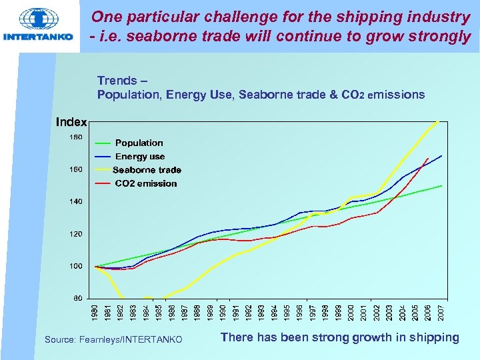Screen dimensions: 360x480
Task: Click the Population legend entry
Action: (x=139, y=143)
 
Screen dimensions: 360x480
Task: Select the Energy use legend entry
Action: (x=140, y=156)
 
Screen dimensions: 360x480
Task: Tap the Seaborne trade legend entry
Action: (x=147, y=170)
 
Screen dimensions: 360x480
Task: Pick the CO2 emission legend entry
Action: (x=146, y=183)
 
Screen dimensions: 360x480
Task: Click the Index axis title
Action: (x=71, y=122)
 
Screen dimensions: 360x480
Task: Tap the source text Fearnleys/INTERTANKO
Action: (x=113, y=340)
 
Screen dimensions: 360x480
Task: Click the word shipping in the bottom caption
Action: (x=433, y=337)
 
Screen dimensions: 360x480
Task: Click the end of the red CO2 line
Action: (x=427, y=158)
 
